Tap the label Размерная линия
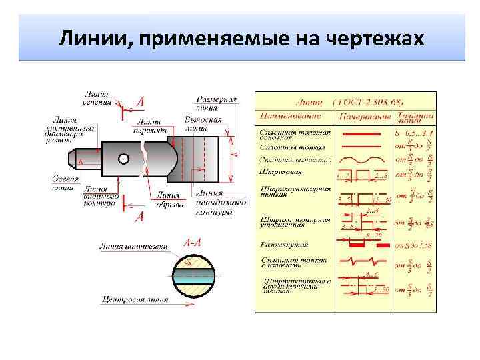click(220, 103)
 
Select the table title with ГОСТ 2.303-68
click(347, 103)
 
